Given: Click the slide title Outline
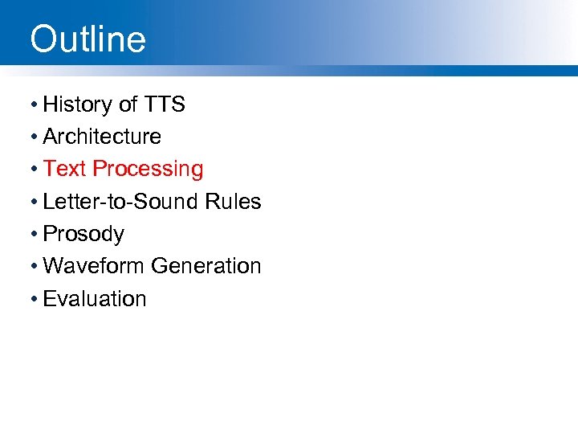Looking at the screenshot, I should [88, 39].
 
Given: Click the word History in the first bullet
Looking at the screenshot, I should [77, 104].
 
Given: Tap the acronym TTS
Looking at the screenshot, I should [165, 104].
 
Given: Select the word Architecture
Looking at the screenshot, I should [102, 137].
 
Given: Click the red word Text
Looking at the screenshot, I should [65, 169].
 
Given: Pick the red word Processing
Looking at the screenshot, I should [148, 170].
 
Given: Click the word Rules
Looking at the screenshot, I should [234, 202].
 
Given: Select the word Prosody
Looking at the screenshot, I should [83, 235].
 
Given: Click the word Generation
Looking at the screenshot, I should [206, 266].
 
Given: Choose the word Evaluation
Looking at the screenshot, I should [95, 299].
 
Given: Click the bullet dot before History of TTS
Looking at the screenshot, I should [34, 105].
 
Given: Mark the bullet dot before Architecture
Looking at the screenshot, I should [34, 137].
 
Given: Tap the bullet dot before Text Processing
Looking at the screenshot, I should [34, 170].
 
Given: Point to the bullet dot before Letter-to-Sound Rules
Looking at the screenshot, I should [34, 203].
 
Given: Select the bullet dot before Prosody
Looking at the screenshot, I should [34, 235].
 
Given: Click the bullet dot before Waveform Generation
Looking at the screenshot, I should [34, 267].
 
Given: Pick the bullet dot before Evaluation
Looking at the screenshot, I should [34, 299].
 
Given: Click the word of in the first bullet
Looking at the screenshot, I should [128, 104].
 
